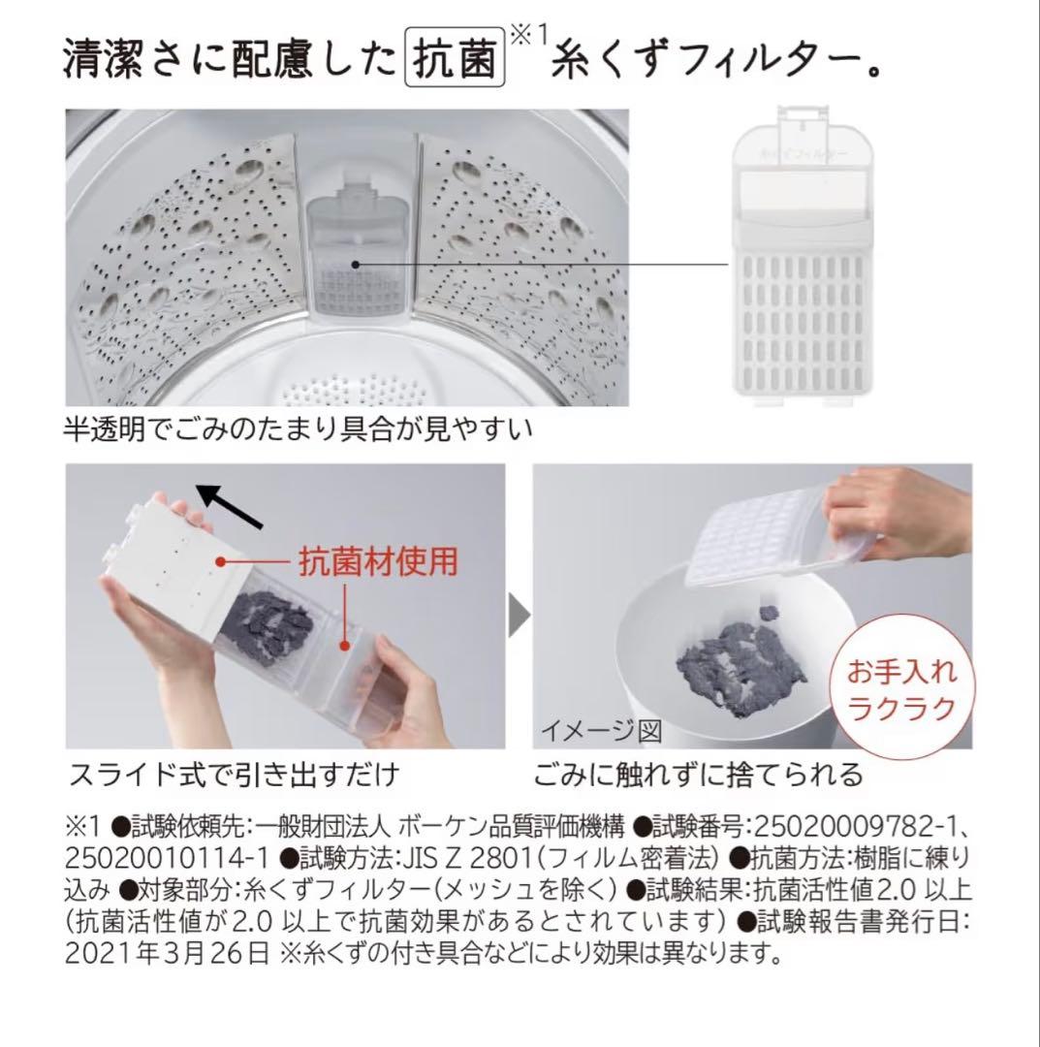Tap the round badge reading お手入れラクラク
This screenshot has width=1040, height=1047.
[901, 689]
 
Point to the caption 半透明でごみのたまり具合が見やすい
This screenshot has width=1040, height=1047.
[299, 428]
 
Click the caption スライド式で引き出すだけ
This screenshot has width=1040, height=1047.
[234, 776]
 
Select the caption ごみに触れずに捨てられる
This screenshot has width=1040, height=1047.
[697, 776]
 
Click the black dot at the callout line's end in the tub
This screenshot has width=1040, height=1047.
[356, 264]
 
